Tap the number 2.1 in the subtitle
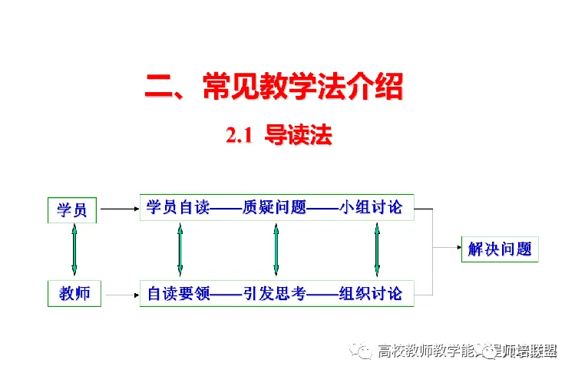239,136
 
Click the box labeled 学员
73,209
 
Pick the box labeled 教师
74,293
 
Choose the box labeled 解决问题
500,249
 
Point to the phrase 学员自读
178,207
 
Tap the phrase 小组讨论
370,207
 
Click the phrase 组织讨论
370,293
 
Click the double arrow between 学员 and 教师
74,249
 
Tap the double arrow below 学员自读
180,249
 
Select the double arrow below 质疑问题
276,249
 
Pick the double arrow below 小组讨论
377,249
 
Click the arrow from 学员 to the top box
119,208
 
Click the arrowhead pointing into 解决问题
456,248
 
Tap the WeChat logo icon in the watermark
361,351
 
